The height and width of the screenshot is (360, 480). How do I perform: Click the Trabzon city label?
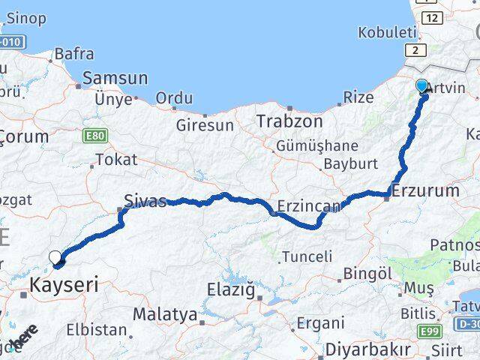pos(289,121)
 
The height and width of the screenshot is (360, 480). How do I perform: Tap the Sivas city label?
pos(145,201)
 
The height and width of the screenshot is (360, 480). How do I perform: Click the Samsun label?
pos(115,78)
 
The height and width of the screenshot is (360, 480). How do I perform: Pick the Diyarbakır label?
pos(367,349)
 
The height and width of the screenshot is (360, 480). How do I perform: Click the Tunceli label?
pos(306,256)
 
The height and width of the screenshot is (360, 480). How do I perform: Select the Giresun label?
pos(205,125)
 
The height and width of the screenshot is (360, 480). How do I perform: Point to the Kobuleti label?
pos(387,32)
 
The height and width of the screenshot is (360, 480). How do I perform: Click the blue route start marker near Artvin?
pos(422,86)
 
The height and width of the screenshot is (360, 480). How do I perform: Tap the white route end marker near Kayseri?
pos(55,258)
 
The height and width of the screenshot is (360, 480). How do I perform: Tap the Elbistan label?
pos(96,329)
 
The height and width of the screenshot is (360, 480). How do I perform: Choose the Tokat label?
pos(116,159)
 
